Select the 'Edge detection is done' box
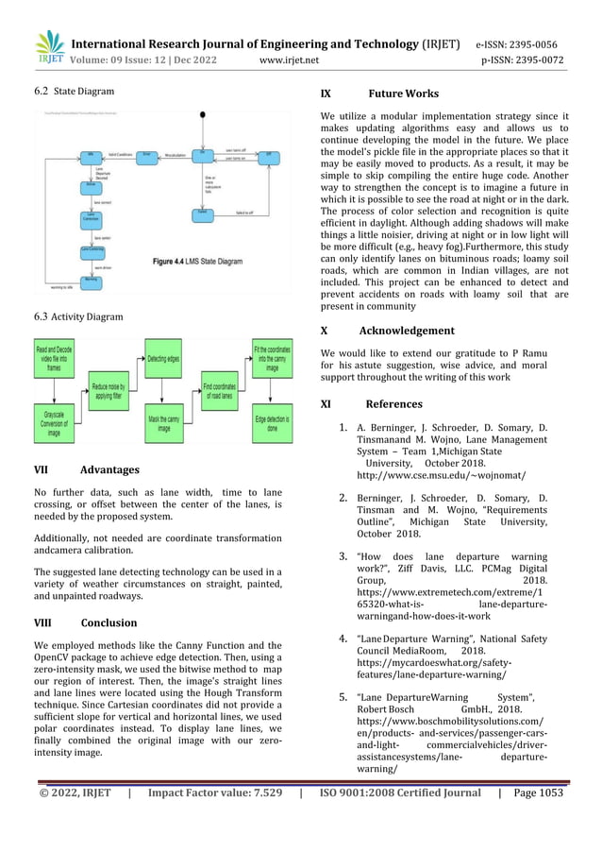pos(273,424)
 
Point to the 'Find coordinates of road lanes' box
pos(220,391)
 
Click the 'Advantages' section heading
pos(109,469)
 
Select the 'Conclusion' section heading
pos(109,622)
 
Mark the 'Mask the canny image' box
pos(164,424)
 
